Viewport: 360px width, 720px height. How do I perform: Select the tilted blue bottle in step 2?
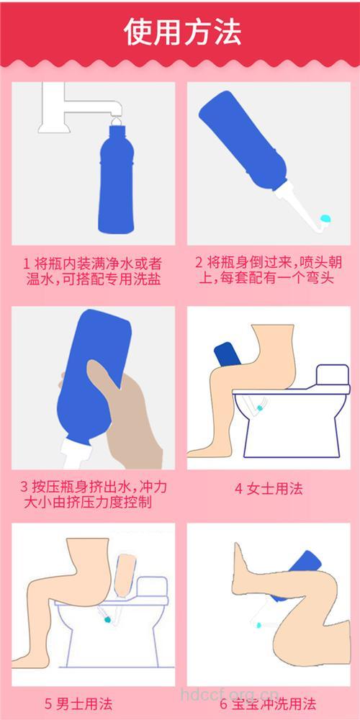pyautogui.click(x=241, y=144)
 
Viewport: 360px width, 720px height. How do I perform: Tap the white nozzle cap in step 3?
pyautogui.click(x=76, y=454)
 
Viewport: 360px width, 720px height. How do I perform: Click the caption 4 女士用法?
pyautogui.click(x=269, y=489)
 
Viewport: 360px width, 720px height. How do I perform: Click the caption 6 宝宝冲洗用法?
pyautogui.click(x=269, y=703)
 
